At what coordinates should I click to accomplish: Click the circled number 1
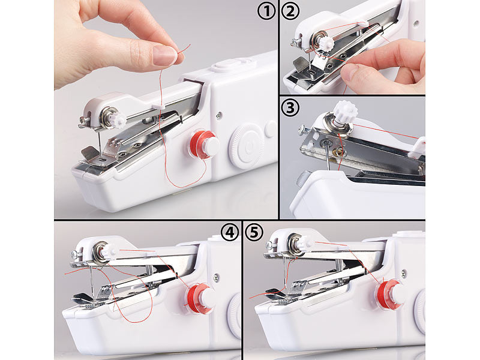click(x=266, y=11)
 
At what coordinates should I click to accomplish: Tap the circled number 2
click(x=290, y=11)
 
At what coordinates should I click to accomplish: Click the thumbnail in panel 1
click(x=164, y=55)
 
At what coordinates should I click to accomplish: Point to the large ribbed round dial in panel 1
click(x=246, y=146)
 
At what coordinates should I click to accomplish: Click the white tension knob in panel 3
click(x=346, y=112)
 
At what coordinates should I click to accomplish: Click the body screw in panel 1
click(x=218, y=115)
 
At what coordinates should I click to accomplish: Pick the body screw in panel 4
click(x=216, y=277)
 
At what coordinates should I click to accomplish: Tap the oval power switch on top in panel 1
click(x=229, y=65)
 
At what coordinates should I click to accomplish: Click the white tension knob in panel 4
click(x=109, y=251)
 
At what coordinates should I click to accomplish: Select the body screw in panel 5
click(x=404, y=273)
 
